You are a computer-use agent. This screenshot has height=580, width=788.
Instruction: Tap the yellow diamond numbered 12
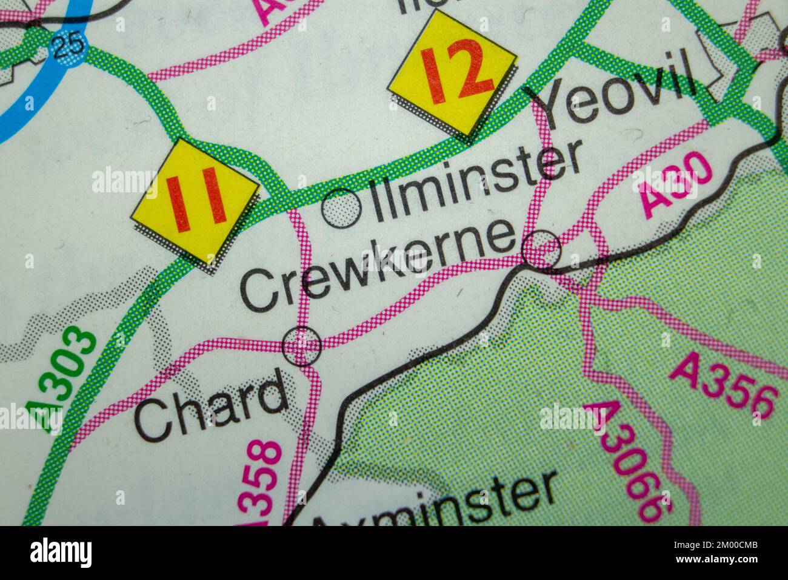453,73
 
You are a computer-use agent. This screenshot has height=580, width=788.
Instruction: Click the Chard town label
210,405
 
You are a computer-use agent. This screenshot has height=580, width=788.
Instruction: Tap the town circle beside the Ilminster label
342,207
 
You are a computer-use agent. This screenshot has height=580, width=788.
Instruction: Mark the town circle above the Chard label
302,346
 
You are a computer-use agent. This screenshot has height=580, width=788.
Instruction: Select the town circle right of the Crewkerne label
541,249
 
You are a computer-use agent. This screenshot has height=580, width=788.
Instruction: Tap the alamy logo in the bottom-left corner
61,553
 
